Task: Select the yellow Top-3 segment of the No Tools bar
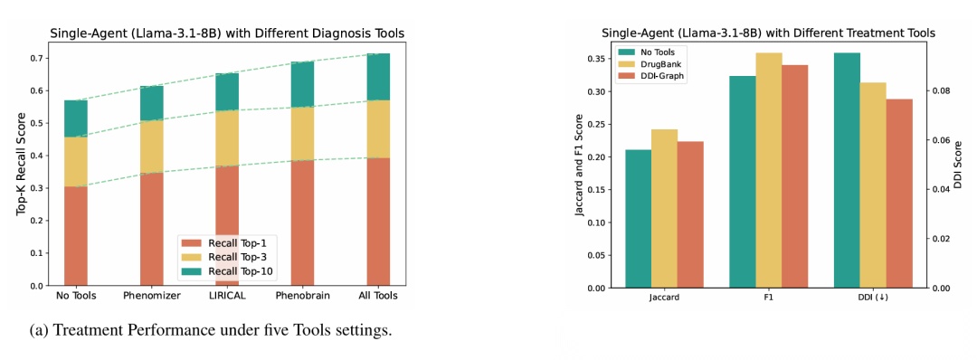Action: click(x=76, y=162)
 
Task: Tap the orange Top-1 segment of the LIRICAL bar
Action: click(x=227, y=225)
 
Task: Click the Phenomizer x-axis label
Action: click(x=151, y=296)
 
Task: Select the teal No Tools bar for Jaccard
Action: click(x=638, y=219)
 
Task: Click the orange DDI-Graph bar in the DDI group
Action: click(x=899, y=193)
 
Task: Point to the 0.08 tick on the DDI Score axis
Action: click(x=942, y=91)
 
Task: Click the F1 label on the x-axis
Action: click(x=769, y=297)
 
